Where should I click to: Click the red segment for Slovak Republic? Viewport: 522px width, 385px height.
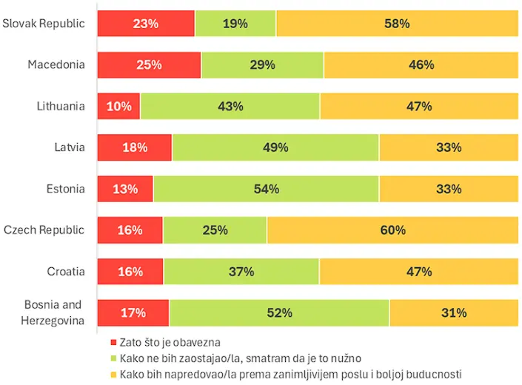coord(146,23)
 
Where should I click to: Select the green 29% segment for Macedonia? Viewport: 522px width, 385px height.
coord(262,64)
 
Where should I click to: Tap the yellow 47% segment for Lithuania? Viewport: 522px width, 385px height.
coord(419,106)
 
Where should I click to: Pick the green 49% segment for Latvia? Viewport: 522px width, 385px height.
coord(275,147)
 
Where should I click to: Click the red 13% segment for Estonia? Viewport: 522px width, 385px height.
coord(125,189)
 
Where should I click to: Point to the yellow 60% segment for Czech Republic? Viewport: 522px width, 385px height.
coord(392,230)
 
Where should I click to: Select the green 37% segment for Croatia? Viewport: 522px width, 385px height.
coord(241,272)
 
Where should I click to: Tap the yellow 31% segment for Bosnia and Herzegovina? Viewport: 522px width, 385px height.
coord(454,313)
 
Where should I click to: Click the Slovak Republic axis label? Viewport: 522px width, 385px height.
coord(44,23)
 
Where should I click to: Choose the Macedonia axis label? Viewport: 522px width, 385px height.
coord(56,64)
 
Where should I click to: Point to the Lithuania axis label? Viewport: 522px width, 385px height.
coord(61,106)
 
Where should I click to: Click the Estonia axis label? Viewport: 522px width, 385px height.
coord(65,189)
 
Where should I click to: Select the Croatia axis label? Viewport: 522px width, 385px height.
coord(66,272)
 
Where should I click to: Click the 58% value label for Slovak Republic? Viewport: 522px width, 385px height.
coord(397,23)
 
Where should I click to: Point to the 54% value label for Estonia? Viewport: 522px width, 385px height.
coord(266,189)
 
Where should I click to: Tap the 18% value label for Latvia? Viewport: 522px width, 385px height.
coord(135,147)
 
